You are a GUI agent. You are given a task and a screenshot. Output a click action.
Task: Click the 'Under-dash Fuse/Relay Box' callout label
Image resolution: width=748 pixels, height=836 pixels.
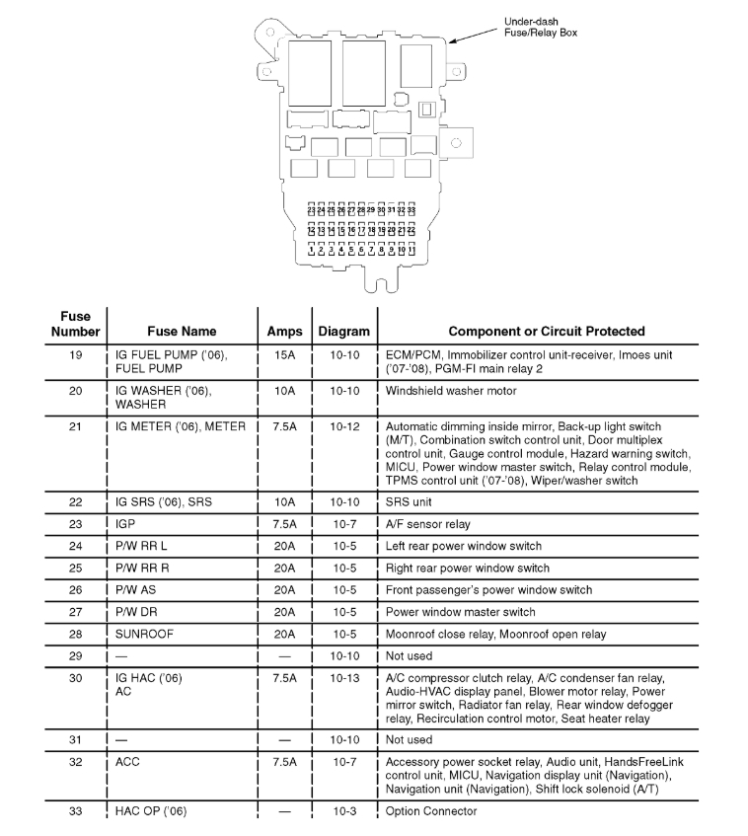pyautogui.click(x=540, y=27)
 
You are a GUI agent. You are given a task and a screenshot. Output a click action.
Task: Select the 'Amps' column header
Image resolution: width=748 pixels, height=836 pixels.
pyautogui.click(x=284, y=332)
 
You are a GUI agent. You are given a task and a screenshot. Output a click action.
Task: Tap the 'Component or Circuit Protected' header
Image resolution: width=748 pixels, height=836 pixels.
pyautogui.click(x=547, y=332)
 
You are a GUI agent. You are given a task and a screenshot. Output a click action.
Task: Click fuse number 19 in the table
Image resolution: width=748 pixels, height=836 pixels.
pyautogui.click(x=76, y=354)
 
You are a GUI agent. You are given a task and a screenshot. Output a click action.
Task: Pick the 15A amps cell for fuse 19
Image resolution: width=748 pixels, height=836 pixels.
pyautogui.click(x=284, y=354)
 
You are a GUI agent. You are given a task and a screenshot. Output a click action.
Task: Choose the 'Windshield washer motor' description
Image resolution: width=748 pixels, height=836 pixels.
pyautogui.click(x=451, y=391)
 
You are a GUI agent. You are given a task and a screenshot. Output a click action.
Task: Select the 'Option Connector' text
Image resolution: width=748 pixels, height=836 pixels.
pyautogui.click(x=431, y=811)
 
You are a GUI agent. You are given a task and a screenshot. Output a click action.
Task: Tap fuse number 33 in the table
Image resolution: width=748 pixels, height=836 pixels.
pyautogui.click(x=76, y=811)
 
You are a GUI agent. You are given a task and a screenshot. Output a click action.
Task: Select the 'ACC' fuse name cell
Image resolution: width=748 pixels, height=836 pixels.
pyautogui.click(x=128, y=762)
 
